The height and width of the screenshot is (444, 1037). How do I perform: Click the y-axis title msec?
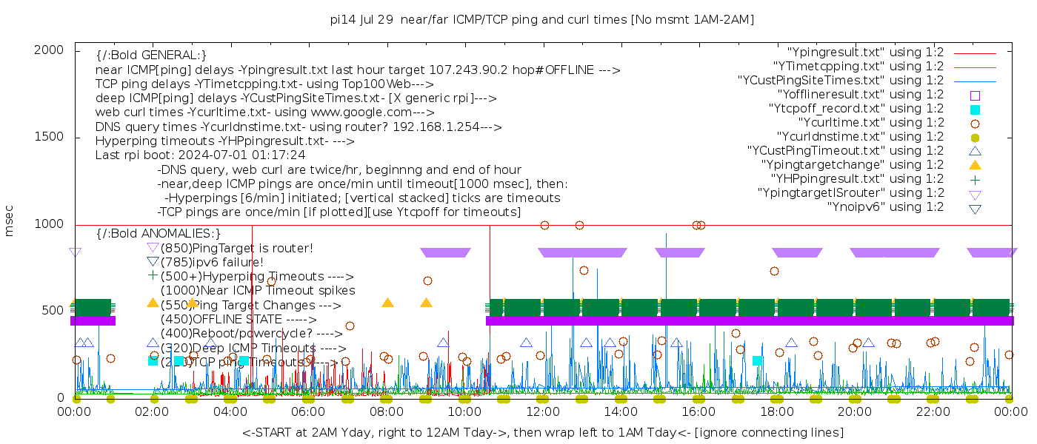click(10, 221)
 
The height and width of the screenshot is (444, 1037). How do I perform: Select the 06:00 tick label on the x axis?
click(308, 411)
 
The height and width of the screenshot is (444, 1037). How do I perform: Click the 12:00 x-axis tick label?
click(542, 411)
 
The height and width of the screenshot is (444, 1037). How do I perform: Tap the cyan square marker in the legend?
click(975, 109)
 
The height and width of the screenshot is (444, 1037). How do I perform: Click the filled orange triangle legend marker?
click(975, 165)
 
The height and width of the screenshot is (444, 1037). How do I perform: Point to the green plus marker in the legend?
click(975, 179)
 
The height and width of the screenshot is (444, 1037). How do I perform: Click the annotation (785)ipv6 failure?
click(212, 262)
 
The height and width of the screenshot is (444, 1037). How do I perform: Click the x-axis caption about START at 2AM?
click(542, 432)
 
